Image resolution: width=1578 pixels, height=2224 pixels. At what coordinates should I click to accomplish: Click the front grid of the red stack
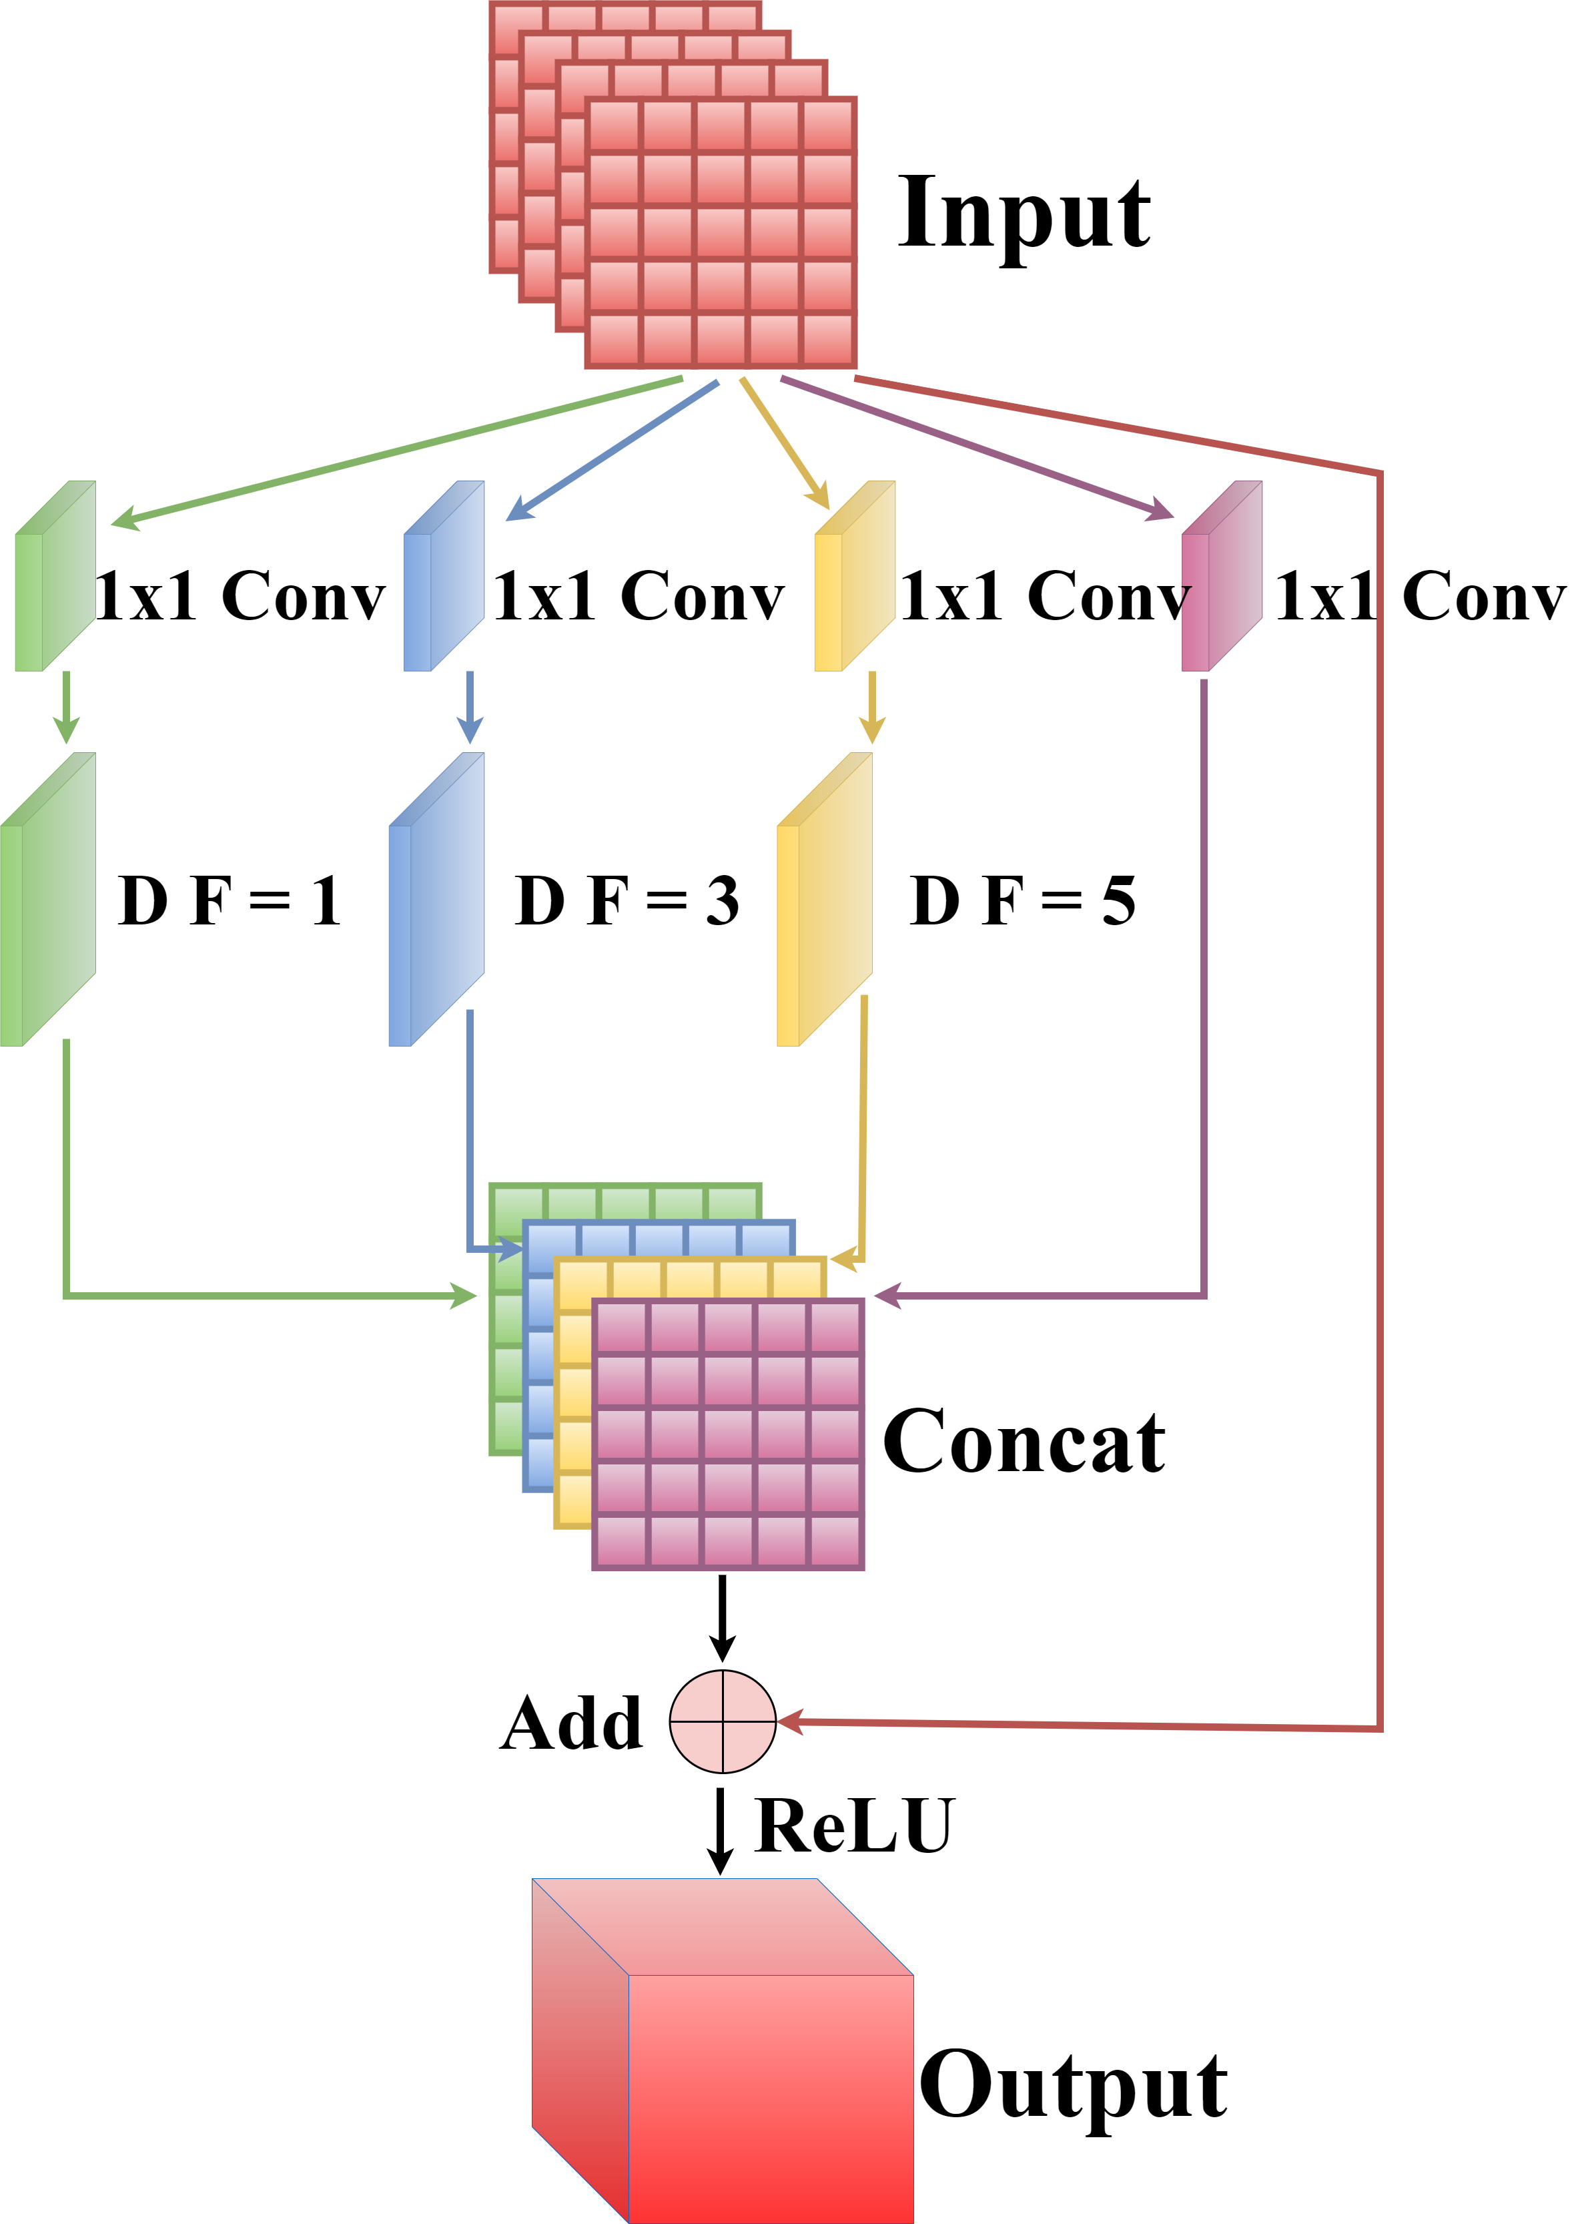(721, 234)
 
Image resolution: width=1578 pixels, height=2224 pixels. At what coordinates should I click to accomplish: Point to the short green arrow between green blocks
(66, 708)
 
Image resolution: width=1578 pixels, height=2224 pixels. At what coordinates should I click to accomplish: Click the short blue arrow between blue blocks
(470, 708)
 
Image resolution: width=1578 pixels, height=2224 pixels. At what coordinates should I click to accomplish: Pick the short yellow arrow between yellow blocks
(873, 708)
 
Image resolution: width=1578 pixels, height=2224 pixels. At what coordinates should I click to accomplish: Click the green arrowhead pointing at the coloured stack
(464, 1296)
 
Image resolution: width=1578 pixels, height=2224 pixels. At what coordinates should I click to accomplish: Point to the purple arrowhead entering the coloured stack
(886, 1296)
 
